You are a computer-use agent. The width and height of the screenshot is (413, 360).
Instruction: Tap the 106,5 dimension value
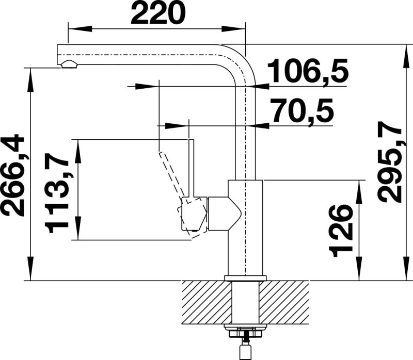pos(307,71)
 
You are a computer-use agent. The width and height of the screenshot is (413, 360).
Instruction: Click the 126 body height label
pos(341,231)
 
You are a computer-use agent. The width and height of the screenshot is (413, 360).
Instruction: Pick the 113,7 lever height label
pos(57,193)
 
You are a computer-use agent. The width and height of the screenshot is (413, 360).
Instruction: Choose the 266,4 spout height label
pos(13,175)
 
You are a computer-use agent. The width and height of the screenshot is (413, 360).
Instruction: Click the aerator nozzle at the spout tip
pos(69,64)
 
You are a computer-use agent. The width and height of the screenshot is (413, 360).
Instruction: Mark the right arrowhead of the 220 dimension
pos(233,29)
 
